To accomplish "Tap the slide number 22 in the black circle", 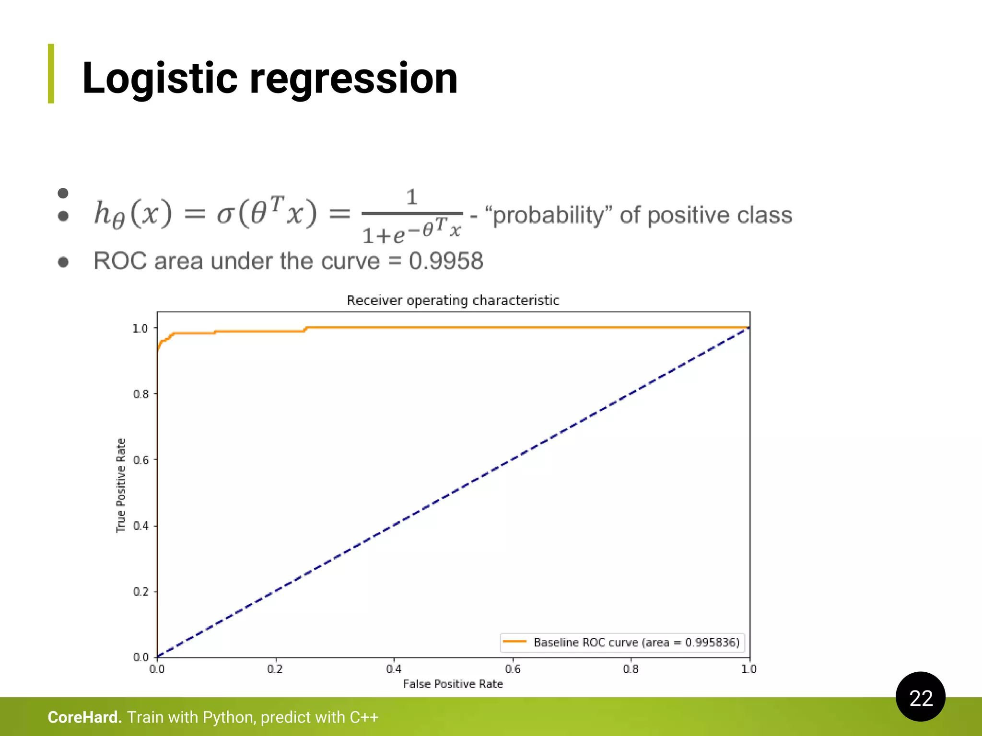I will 921,698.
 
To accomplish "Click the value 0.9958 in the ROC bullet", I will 446,261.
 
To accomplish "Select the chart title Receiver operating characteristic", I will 453,300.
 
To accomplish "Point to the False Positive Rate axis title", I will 453,684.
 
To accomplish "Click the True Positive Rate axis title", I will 121,485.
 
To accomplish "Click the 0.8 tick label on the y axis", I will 141,394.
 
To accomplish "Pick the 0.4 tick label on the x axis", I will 394,669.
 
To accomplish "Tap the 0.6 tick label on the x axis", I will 513,669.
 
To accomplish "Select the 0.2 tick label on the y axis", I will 141,592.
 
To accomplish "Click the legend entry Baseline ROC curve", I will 636,643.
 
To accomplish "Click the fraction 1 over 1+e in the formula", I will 412,217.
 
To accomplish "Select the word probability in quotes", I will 549,215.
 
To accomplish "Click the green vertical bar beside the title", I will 51,73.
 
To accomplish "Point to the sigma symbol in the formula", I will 225,214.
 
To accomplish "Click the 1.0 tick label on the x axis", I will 749,669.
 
